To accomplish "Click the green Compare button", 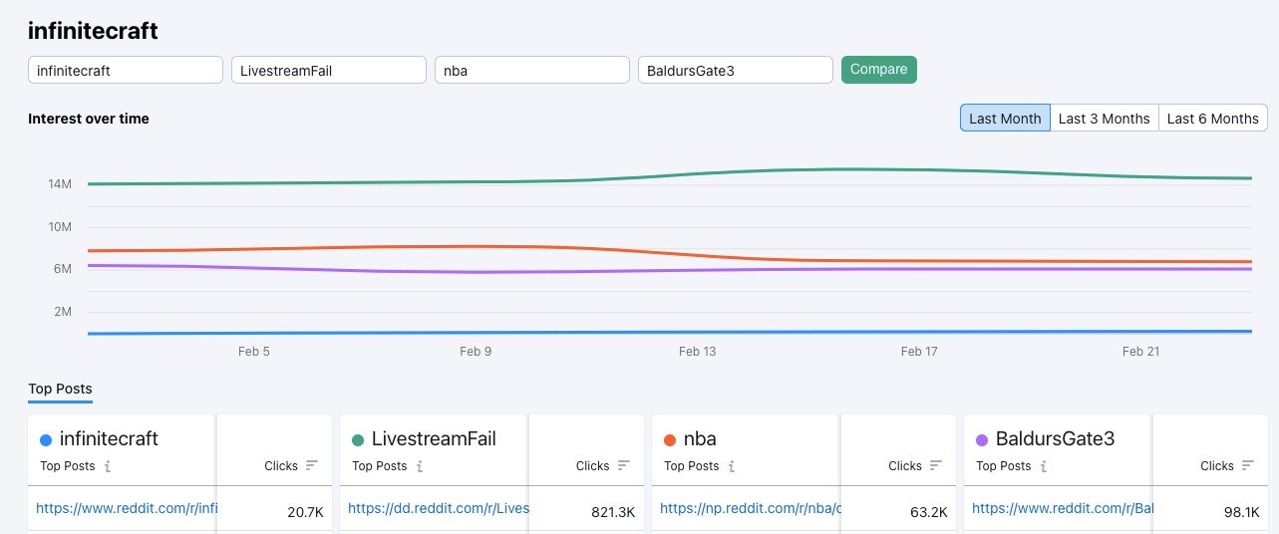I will coord(878,70).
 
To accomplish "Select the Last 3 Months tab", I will coord(1104,118).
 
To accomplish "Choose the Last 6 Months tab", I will coord(1212,118).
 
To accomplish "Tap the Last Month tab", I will coord(1005,118).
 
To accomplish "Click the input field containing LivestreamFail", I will coord(329,71).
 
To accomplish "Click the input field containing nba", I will coord(532,71).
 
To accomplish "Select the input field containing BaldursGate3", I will coord(736,71).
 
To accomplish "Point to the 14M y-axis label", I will coord(59,184).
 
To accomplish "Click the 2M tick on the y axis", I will coord(62,312).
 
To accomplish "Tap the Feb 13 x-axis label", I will coord(697,352).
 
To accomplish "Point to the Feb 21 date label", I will coord(1139,352).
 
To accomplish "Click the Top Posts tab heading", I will coord(60,389).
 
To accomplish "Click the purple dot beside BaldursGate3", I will coord(982,439).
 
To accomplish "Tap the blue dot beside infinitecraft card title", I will coord(46,439).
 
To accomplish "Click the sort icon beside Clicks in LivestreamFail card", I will coord(624,465).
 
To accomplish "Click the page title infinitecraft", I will coord(93,31).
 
